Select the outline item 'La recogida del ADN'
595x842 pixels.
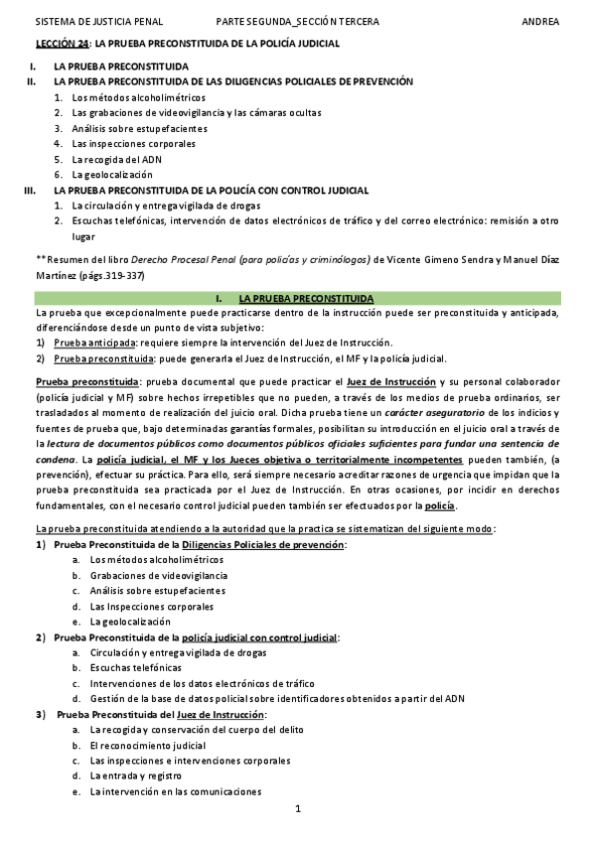click(x=117, y=159)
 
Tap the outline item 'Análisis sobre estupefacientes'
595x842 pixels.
click(x=139, y=128)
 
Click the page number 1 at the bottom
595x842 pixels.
click(x=297, y=810)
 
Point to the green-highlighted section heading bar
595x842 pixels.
click(x=297, y=298)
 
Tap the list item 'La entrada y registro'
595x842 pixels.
click(x=138, y=775)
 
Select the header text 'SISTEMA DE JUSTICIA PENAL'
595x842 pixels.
click(x=98, y=21)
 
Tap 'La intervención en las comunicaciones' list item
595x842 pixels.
click(x=175, y=791)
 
